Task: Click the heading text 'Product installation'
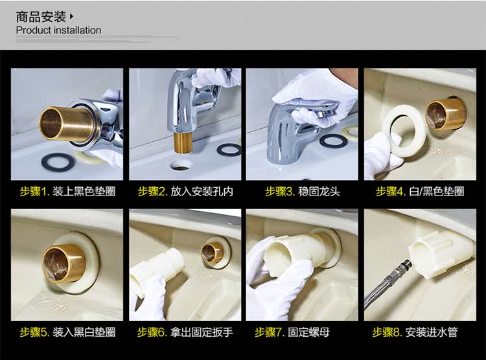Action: pyautogui.click(x=58, y=30)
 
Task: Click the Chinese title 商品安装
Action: pyautogui.click(x=41, y=17)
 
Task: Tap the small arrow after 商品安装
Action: pyautogui.click(x=71, y=16)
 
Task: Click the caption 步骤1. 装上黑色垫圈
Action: pyautogui.click(x=67, y=192)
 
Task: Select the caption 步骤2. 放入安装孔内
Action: pyautogui.click(x=185, y=192)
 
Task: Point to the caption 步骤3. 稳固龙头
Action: pyautogui.click(x=303, y=192)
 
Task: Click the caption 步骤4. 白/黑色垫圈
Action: pyautogui.click(x=420, y=192)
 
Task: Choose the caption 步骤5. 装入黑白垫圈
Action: pyautogui.click(x=67, y=332)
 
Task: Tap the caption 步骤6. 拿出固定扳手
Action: pyautogui.click(x=185, y=332)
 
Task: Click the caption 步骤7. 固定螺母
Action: pyautogui.click(x=292, y=332)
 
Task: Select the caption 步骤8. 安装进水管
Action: pyautogui.click(x=415, y=332)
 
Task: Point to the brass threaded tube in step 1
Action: pyautogui.click(x=60, y=123)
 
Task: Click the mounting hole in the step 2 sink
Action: pyautogui.click(x=180, y=166)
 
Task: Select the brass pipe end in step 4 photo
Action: pyautogui.click(x=445, y=113)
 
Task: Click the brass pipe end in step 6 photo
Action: pyautogui.click(x=212, y=253)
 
